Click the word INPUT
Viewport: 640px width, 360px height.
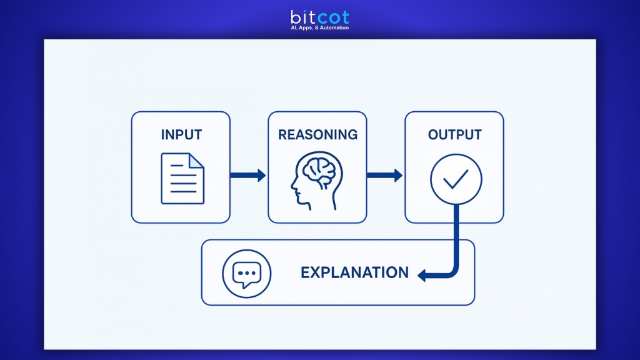point(181,135)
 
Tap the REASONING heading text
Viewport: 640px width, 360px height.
point(317,135)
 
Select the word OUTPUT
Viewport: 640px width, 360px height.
point(454,135)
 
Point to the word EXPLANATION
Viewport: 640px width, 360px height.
point(354,272)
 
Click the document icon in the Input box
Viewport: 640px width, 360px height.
point(182,178)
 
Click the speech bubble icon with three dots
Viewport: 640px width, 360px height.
point(246,274)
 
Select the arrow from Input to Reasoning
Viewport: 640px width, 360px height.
point(248,176)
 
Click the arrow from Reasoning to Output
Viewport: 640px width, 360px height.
point(384,176)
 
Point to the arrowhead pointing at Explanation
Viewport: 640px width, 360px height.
point(422,274)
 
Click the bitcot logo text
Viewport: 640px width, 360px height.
point(319,17)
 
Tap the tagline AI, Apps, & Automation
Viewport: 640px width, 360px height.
point(319,28)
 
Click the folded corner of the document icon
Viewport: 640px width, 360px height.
point(197,160)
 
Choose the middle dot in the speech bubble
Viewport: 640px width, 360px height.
point(246,272)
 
